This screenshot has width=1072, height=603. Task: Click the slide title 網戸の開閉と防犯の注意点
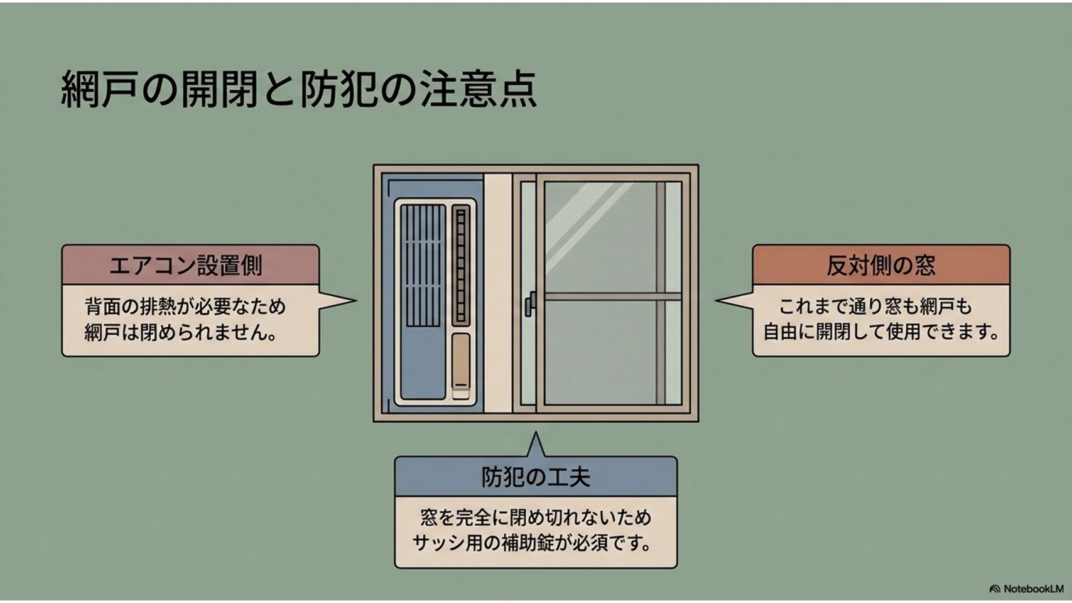pos(299,89)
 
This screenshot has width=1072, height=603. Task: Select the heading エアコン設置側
pos(186,266)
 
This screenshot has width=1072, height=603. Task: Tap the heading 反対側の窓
pos(881,266)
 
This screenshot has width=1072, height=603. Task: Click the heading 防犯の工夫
pos(536,477)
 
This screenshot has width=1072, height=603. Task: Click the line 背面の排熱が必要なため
pos(185,307)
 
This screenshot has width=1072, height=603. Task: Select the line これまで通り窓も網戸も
pos(876,307)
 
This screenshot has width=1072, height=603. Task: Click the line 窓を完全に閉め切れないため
pos(536,518)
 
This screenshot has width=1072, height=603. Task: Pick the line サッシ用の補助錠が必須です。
pos(532,543)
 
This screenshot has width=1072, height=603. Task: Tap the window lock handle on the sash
pos(530,304)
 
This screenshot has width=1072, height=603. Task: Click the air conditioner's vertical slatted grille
pos(423,266)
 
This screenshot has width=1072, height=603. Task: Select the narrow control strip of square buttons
pos(460,266)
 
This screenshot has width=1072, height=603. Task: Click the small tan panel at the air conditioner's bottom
pos(461,366)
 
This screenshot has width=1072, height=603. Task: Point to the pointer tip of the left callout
pos(356,300)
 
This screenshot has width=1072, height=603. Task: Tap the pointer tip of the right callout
pos(716,300)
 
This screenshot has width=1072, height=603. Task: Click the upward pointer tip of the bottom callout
pos(536,433)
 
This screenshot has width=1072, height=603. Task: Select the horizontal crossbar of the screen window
pos(612,296)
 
